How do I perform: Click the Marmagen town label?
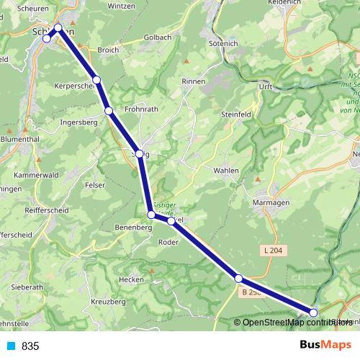tap(271, 203)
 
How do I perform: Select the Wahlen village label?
tap(226, 170)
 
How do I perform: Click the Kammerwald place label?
tap(37, 175)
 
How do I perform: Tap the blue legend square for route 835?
tap(10, 346)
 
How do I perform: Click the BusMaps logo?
tap(325, 345)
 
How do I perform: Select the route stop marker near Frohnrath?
tap(109, 111)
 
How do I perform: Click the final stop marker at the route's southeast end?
tap(313, 312)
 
